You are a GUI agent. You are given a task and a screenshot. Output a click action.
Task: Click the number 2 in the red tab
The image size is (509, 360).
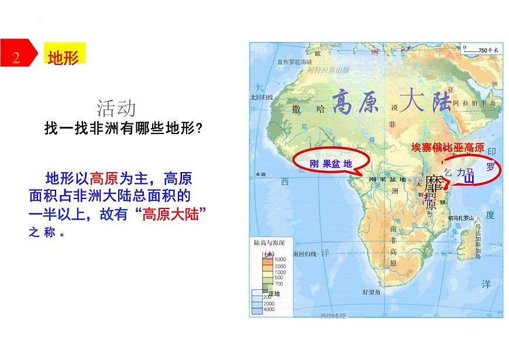(x=16, y=57)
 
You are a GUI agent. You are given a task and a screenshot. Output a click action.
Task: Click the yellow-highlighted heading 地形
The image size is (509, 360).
(x=63, y=57)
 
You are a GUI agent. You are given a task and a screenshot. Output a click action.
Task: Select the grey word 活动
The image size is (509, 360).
(x=117, y=108)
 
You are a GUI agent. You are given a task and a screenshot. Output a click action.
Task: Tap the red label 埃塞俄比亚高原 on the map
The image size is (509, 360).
(x=448, y=148)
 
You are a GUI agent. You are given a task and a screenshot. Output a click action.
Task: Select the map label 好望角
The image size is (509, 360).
(x=372, y=291)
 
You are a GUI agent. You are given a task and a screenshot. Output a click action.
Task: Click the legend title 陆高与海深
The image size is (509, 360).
(x=269, y=241)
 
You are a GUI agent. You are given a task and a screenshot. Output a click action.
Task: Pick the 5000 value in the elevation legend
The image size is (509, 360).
(x=280, y=259)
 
